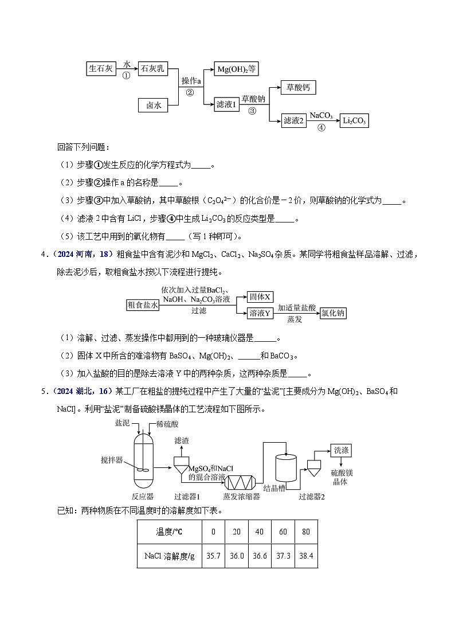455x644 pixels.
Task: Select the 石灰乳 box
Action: point(153,68)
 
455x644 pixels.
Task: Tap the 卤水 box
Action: point(154,105)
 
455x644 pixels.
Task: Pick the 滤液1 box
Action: point(226,105)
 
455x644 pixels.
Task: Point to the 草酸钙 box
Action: point(297,87)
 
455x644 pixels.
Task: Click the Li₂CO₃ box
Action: point(354,121)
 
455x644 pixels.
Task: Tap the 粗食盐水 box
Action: point(143,305)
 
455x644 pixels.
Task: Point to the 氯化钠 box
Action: point(333,313)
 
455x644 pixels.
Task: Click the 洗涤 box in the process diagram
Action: point(341,451)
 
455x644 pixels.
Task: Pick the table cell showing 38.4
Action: point(305,556)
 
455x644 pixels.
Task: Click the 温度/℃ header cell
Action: point(169,532)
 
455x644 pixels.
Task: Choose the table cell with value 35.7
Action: point(213,556)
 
